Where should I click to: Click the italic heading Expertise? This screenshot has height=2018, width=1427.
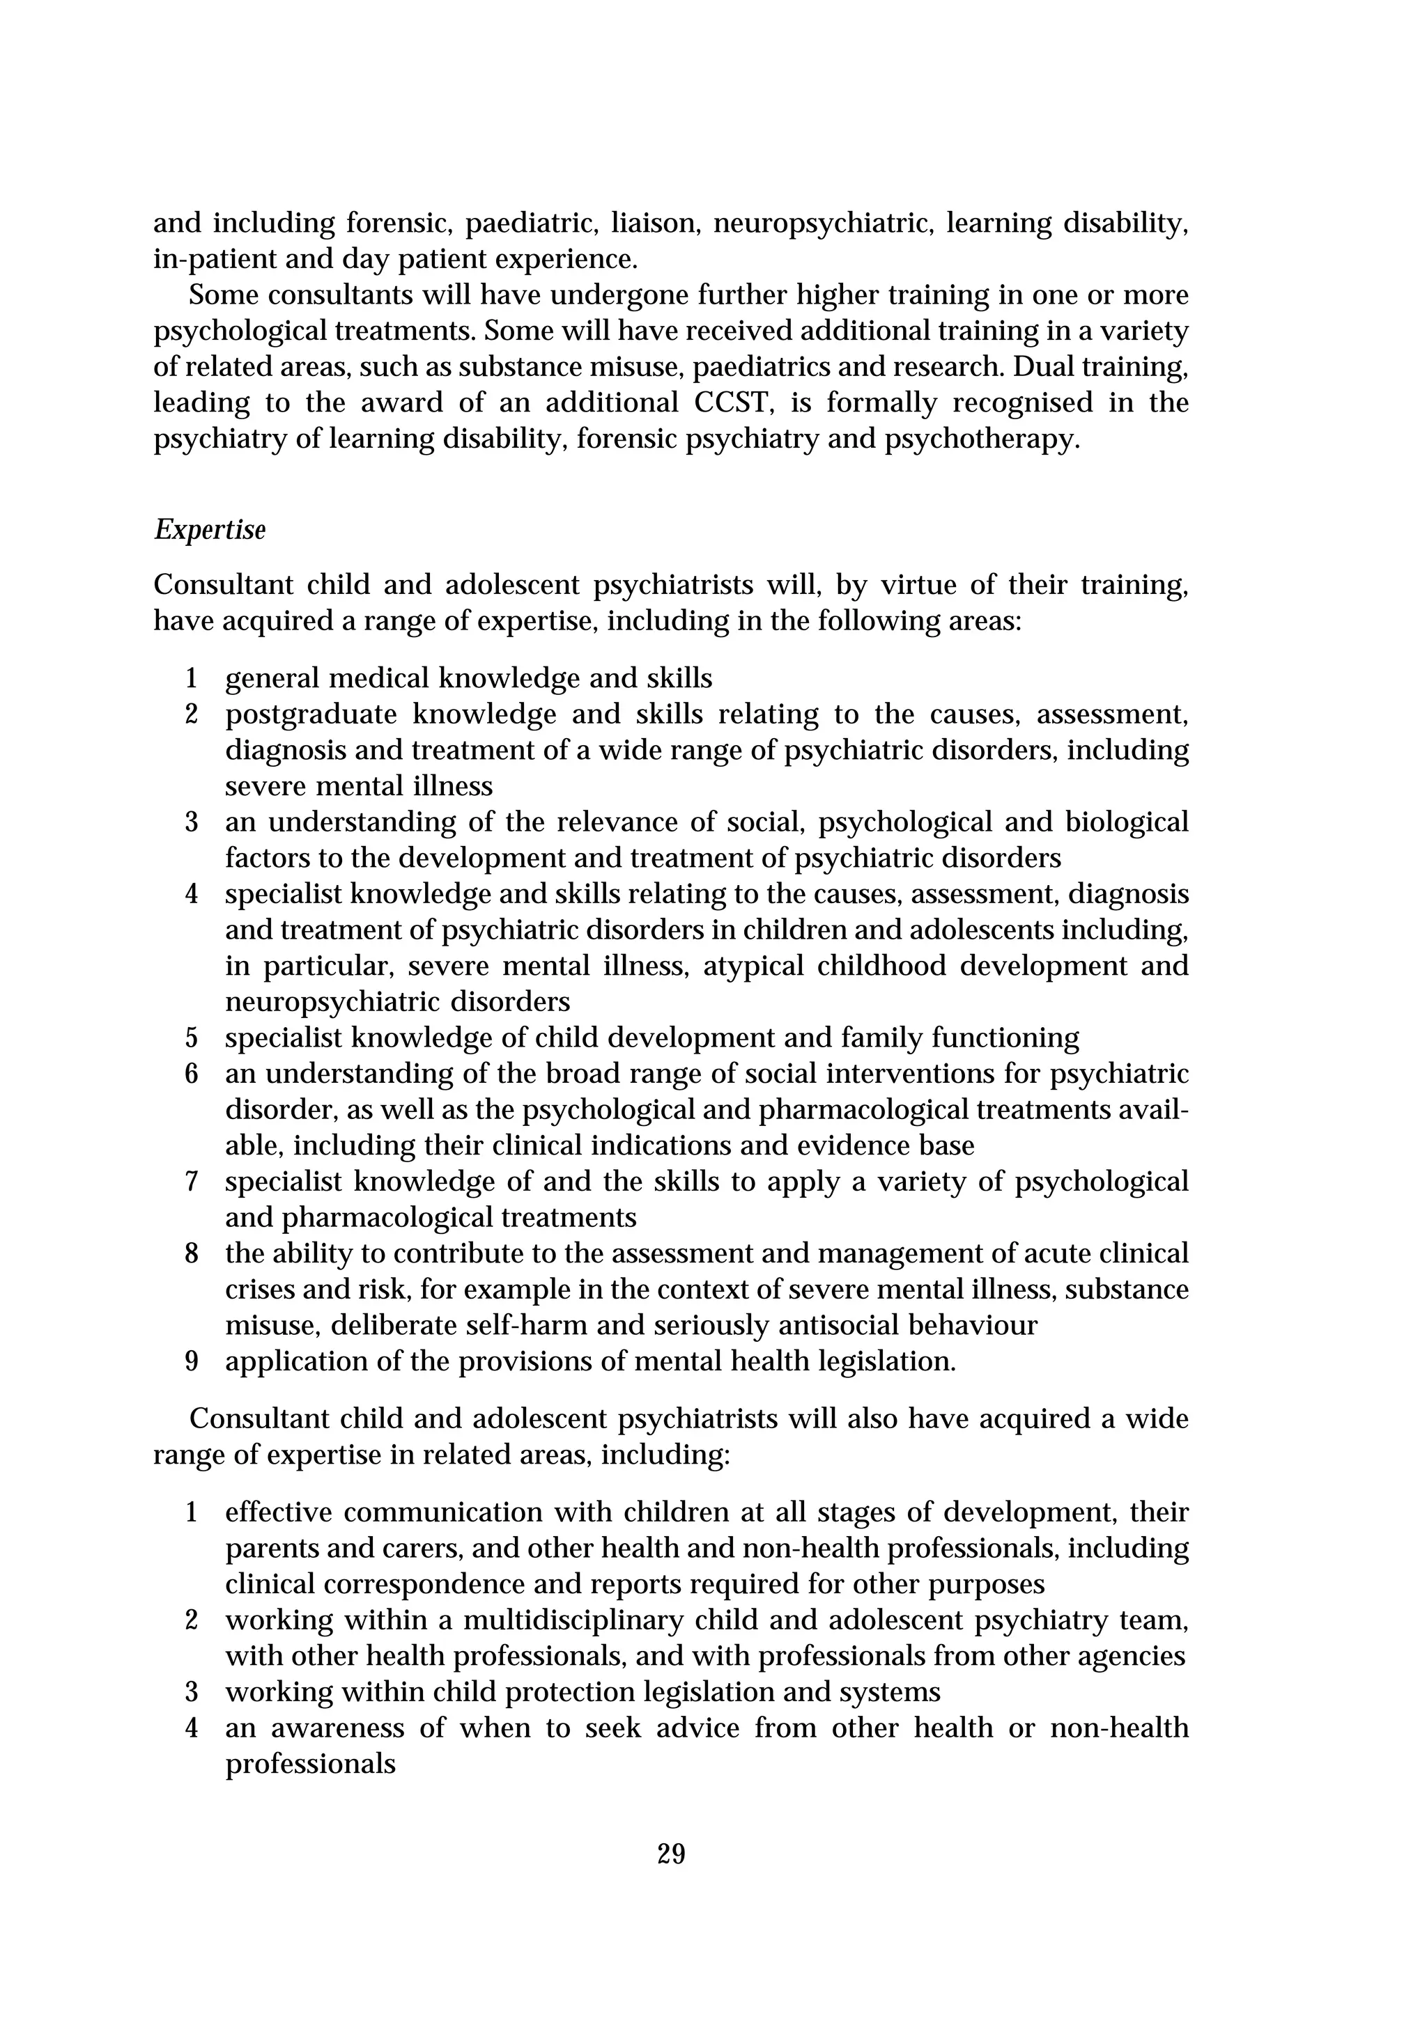click(x=209, y=530)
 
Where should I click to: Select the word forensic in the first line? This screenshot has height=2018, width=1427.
click(x=399, y=224)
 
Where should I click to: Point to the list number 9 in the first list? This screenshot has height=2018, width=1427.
click(x=192, y=1361)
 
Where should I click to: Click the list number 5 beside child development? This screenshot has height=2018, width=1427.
click(x=192, y=1038)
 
